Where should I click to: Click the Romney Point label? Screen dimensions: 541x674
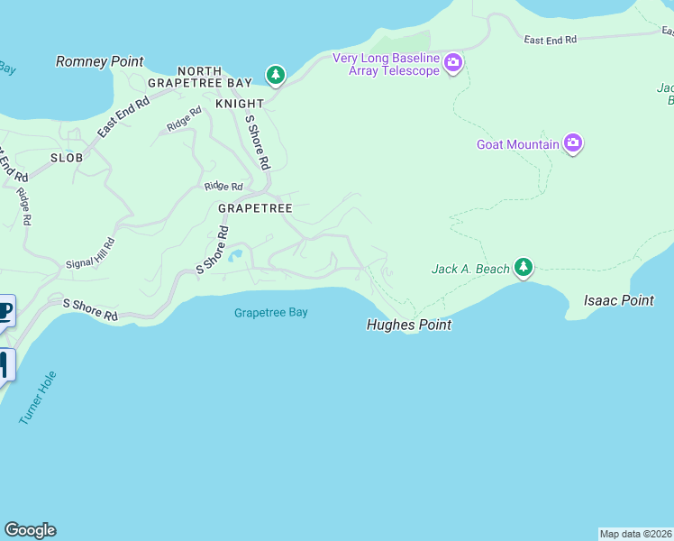(99, 61)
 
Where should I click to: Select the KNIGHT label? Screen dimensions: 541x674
(239, 104)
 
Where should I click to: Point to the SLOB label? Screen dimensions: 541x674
(67, 158)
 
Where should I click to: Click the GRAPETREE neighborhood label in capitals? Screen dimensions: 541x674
(255, 208)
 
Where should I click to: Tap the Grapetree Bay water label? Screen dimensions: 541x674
(270, 313)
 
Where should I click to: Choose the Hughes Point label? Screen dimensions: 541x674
(408, 325)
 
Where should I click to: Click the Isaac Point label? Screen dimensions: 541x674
(618, 300)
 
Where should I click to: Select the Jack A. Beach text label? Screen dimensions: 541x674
(469, 269)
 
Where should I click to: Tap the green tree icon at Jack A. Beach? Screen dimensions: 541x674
(524, 267)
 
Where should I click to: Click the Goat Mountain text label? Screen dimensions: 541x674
(517, 144)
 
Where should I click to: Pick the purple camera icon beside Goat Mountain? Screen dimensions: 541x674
(573, 143)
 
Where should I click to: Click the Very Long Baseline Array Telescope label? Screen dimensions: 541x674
(386, 64)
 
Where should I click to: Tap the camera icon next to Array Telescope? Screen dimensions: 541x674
(453, 64)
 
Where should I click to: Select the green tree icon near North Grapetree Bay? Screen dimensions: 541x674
(275, 74)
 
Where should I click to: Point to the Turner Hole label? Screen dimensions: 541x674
(37, 398)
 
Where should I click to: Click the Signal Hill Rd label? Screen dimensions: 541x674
(92, 253)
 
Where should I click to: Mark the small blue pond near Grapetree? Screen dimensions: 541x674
(236, 256)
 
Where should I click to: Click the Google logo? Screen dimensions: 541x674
(30, 530)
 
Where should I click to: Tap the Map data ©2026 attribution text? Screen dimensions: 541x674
(635, 534)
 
